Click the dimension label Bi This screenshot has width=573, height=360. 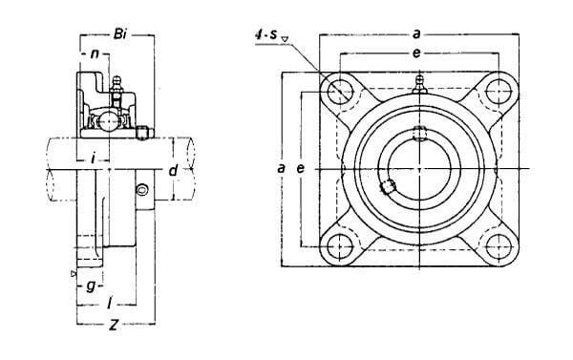click(x=120, y=34)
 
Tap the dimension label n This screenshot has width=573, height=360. click(x=95, y=54)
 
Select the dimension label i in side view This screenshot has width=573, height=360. click(x=94, y=159)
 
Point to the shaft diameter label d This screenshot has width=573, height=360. click(x=173, y=170)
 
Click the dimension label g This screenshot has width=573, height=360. click(x=91, y=286)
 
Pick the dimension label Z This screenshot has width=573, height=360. click(x=115, y=325)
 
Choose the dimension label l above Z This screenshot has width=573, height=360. click(x=109, y=304)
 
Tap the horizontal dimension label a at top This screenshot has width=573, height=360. click(x=416, y=34)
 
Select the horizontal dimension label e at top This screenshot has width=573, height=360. click(x=416, y=53)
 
